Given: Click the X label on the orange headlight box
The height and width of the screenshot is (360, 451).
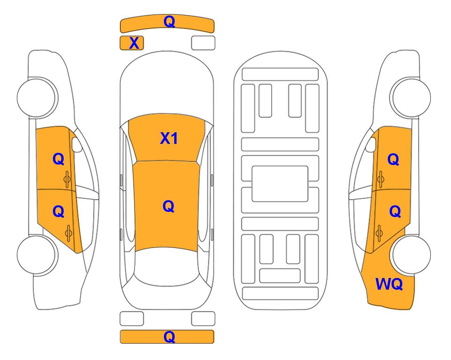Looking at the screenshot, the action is click(x=134, y=43).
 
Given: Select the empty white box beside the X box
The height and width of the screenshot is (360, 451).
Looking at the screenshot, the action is click(x=203, y=43).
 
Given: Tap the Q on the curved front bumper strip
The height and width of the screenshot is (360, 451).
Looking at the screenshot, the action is click(x=169, y=22).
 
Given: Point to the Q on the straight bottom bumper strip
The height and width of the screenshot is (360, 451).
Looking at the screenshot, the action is click(x=169, y=337).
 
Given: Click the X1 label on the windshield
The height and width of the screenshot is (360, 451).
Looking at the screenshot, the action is click(x=169, y=138).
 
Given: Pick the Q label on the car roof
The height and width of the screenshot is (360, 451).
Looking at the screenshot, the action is click(x=169, y=206).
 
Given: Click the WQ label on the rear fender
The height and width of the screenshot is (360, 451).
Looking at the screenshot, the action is click(x=389, y=284).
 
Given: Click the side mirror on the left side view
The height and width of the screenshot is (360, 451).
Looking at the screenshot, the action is click(x=77, y=144).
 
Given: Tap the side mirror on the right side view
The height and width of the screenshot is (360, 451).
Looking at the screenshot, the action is click(x=371, y=144).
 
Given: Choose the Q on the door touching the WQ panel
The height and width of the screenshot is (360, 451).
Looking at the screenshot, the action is click(x=395, y=212).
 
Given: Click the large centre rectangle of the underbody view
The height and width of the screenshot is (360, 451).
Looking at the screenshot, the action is click(x=280, y=184).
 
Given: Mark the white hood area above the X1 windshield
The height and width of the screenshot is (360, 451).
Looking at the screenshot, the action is click(x=167, y=86).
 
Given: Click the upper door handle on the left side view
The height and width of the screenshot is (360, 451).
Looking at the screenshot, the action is click(x=67, y=179).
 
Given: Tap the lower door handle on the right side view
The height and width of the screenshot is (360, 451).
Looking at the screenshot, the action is click(x=379, y=233).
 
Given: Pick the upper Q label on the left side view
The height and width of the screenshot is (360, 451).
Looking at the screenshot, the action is click(x=59, y=159).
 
